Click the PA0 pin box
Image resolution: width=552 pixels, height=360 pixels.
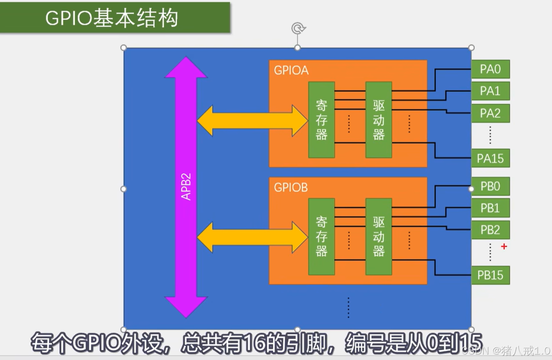click(x=490, y=69)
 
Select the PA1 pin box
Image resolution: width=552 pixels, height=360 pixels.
click(x=490, y=91)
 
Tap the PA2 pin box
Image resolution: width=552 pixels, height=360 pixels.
click(x=490, y=113)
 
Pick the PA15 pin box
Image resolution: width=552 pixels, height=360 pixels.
click(x=490, y=158)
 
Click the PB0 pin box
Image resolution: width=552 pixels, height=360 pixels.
click(x=490, y=186)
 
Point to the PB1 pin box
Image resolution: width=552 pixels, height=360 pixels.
click(x=490, y=208)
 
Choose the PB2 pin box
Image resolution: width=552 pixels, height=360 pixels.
click(x=490, y=230)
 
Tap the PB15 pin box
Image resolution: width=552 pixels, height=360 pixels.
click(x=490, y=275)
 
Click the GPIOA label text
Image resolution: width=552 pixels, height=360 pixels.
click(x=291, y=70)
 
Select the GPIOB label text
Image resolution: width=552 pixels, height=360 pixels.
click(x=291, y=187)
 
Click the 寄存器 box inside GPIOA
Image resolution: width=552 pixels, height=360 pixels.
click(x=321, y=120)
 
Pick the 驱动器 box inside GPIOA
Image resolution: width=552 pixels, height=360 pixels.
click(x=379, y=120)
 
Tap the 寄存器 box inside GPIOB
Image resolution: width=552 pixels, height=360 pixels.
click(x=321, y=237)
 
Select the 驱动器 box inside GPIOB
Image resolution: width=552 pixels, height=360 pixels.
click(x=379, y=237)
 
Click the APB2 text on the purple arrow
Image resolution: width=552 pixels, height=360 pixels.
click(x=186, y=186)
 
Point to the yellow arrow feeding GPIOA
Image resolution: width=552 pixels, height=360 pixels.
click(x=252, y=121)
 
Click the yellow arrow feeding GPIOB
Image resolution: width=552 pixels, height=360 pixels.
click(x=252, y=238)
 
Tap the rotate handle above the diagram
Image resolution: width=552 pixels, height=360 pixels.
click(x=297, y=28)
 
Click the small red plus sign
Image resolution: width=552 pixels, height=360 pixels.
click(x=504, y=246)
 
